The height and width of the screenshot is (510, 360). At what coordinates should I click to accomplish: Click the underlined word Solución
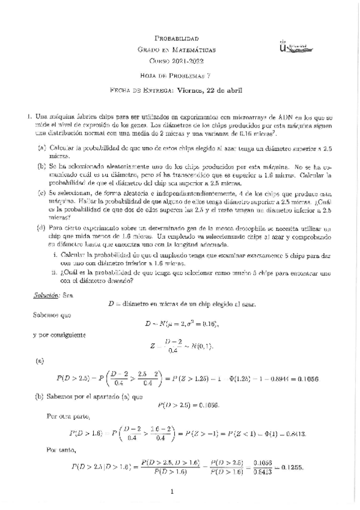coord(43,295)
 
